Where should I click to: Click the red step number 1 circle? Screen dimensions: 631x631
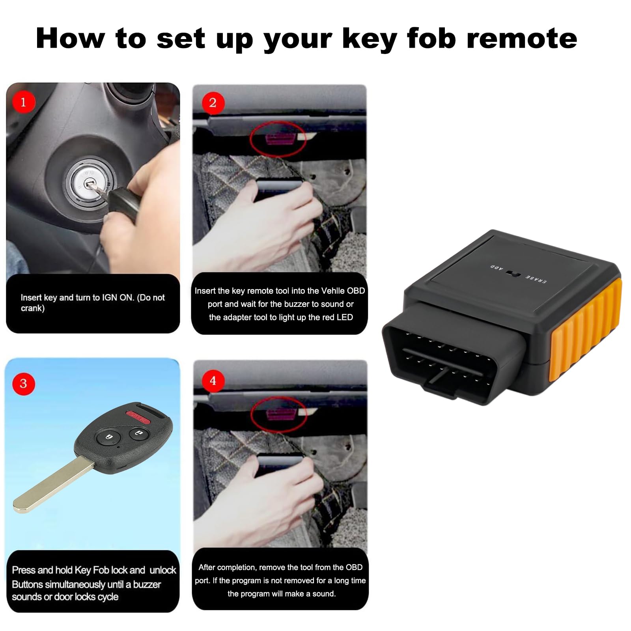click(24, 102)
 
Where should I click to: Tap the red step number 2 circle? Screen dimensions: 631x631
click(213, 103)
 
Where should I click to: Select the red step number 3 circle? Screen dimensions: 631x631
click(24, 383)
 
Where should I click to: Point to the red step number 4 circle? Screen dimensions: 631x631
click(213, 381)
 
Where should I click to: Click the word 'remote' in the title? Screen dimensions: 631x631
click(522, 39)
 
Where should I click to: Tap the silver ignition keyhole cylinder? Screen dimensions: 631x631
click(91, 182)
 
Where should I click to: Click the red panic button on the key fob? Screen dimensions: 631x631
click(138, 416)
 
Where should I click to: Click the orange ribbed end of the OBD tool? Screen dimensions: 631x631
click(586, 330)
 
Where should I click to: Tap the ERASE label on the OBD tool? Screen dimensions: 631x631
click(536, 279)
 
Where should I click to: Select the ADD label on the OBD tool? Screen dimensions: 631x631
click(497, 268)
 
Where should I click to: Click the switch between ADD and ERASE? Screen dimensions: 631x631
click(514, 273)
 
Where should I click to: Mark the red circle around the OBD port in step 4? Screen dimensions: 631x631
click(279, 415)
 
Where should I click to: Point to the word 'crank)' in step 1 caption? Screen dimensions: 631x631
click(33, 308)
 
